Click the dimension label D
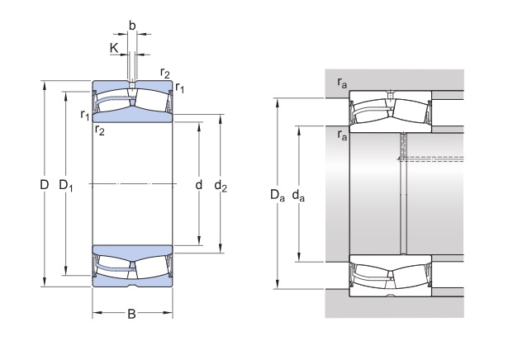44,185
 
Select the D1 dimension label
66,186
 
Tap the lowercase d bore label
198,185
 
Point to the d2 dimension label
221,186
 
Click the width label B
131,315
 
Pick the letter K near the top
114,48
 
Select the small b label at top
132,25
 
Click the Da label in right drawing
277,195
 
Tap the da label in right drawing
298,196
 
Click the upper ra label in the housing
342,83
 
